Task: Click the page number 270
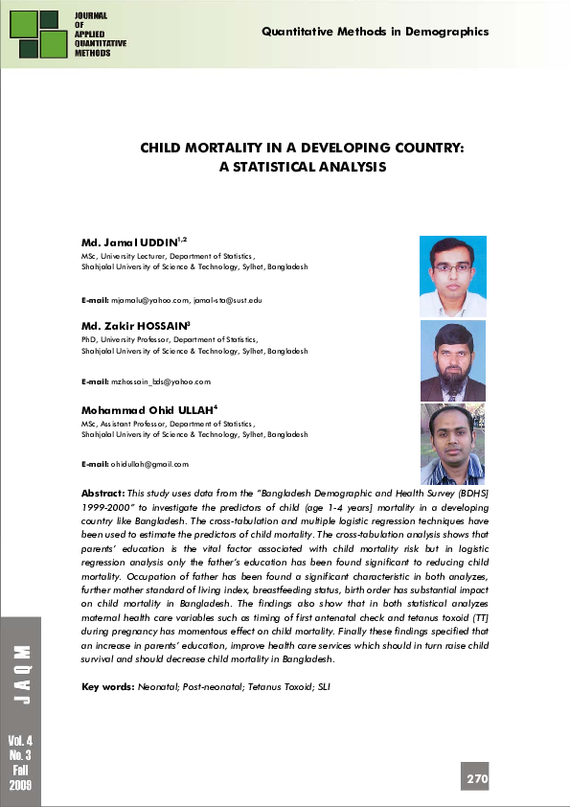[477, 779]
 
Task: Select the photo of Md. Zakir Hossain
[452, 360]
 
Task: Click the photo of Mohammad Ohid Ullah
[452, 443]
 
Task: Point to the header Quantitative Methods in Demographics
[375, 32]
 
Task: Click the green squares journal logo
[36, 35]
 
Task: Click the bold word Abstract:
[104, 491]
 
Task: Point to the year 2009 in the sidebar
[20, 785]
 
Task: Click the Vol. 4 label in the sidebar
[20, 742]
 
